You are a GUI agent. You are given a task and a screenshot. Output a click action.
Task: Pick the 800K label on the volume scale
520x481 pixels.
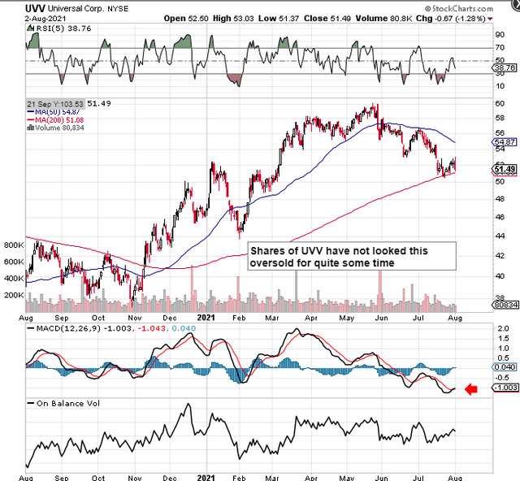tap(14, 244)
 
